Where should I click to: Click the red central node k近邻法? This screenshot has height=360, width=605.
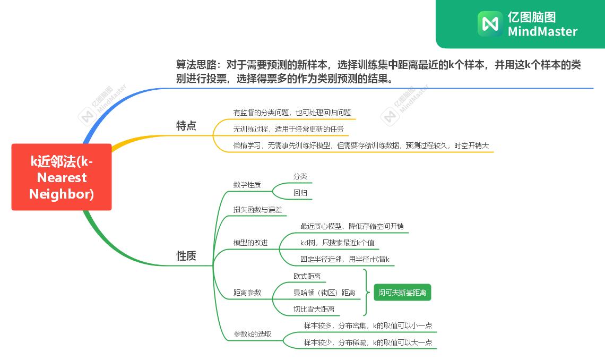point(62,177)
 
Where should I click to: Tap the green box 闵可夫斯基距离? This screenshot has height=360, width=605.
point(402,292)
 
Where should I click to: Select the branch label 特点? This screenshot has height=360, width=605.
point(186,126)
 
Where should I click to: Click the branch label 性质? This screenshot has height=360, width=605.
point(186,256)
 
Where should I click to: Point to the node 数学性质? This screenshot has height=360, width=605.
point(247,185)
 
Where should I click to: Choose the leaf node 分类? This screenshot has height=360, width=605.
point(300,177)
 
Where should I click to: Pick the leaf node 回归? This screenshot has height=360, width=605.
point(300,193)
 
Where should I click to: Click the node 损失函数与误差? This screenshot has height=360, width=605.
point(257,210)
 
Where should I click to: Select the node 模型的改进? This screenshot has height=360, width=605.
point(250,243)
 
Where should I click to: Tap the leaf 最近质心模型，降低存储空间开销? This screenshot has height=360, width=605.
point(352,226)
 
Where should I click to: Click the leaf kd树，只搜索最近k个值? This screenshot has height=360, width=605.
point(337,243)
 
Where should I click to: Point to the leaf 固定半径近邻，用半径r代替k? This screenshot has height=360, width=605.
point(345,259)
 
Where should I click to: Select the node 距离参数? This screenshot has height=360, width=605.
point(247,292)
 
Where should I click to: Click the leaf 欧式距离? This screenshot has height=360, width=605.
point(307,276)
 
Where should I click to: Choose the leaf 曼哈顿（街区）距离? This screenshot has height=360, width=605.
point(324,292)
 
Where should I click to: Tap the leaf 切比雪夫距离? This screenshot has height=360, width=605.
point(314,308)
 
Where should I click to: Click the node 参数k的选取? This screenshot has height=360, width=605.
point(253,334)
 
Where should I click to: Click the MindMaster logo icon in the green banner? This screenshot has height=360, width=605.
point(490,24)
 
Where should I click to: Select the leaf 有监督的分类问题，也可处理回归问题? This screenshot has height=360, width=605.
point(292,113)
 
